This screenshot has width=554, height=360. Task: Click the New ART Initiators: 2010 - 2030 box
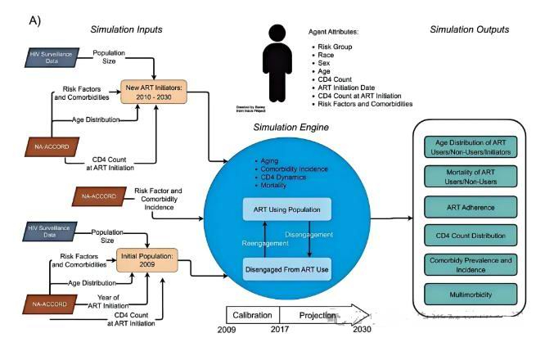[x=155, y=91]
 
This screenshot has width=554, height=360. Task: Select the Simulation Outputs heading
[x=469, y=29]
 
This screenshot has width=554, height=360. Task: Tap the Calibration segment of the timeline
[x=252, y=315]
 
